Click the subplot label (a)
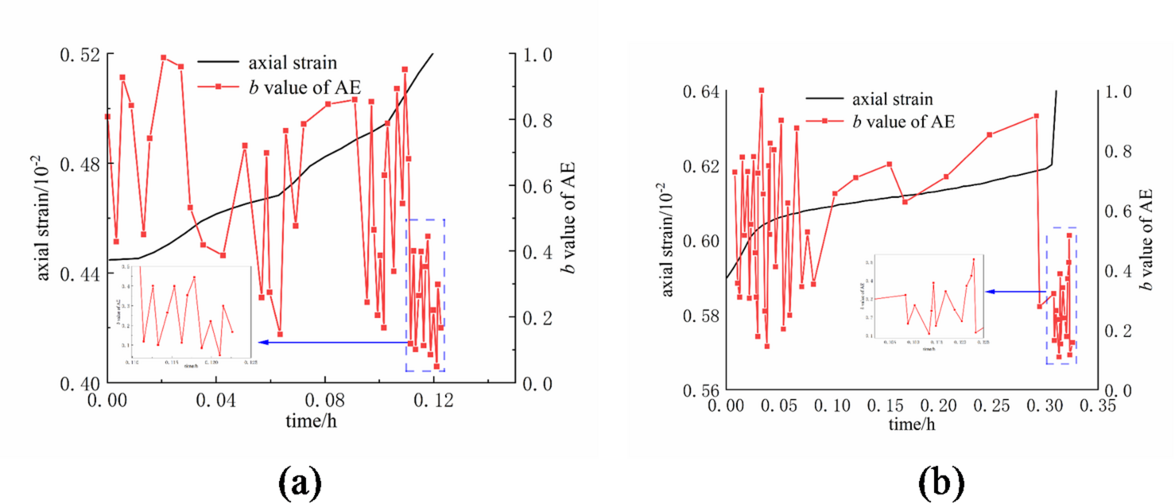[x=300, y=482]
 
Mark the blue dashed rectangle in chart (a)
[x=425, y=295]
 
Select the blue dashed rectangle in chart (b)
[x=1061, y=296]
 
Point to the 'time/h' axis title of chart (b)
[x=912, y=424]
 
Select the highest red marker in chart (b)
[x=761, y=91]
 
